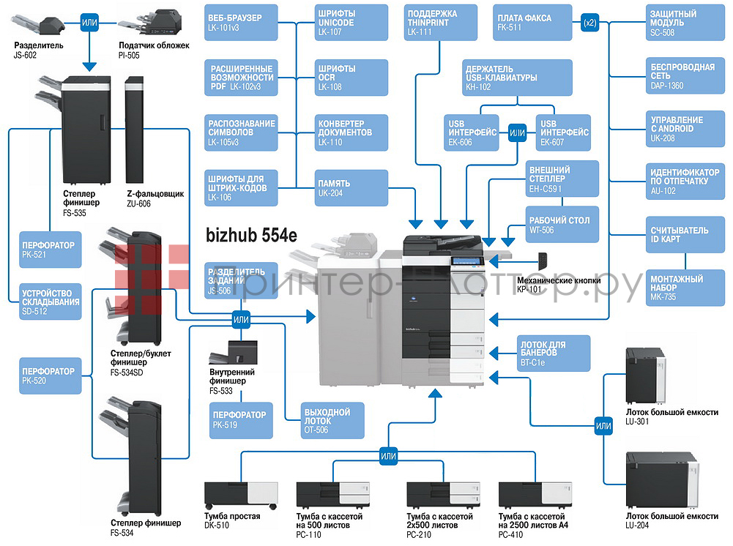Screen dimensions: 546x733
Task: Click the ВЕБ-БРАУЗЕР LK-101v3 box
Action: (242, 23)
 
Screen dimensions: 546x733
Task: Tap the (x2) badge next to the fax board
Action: (589, 23)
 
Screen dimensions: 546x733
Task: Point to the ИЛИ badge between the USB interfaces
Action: (517, 133)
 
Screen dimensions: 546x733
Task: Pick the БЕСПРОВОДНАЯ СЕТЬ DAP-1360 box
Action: (683, 75)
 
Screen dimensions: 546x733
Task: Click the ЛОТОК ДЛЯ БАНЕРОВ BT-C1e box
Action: (554, 353)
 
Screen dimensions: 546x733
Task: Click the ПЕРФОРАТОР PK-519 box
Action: (242, 420)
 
